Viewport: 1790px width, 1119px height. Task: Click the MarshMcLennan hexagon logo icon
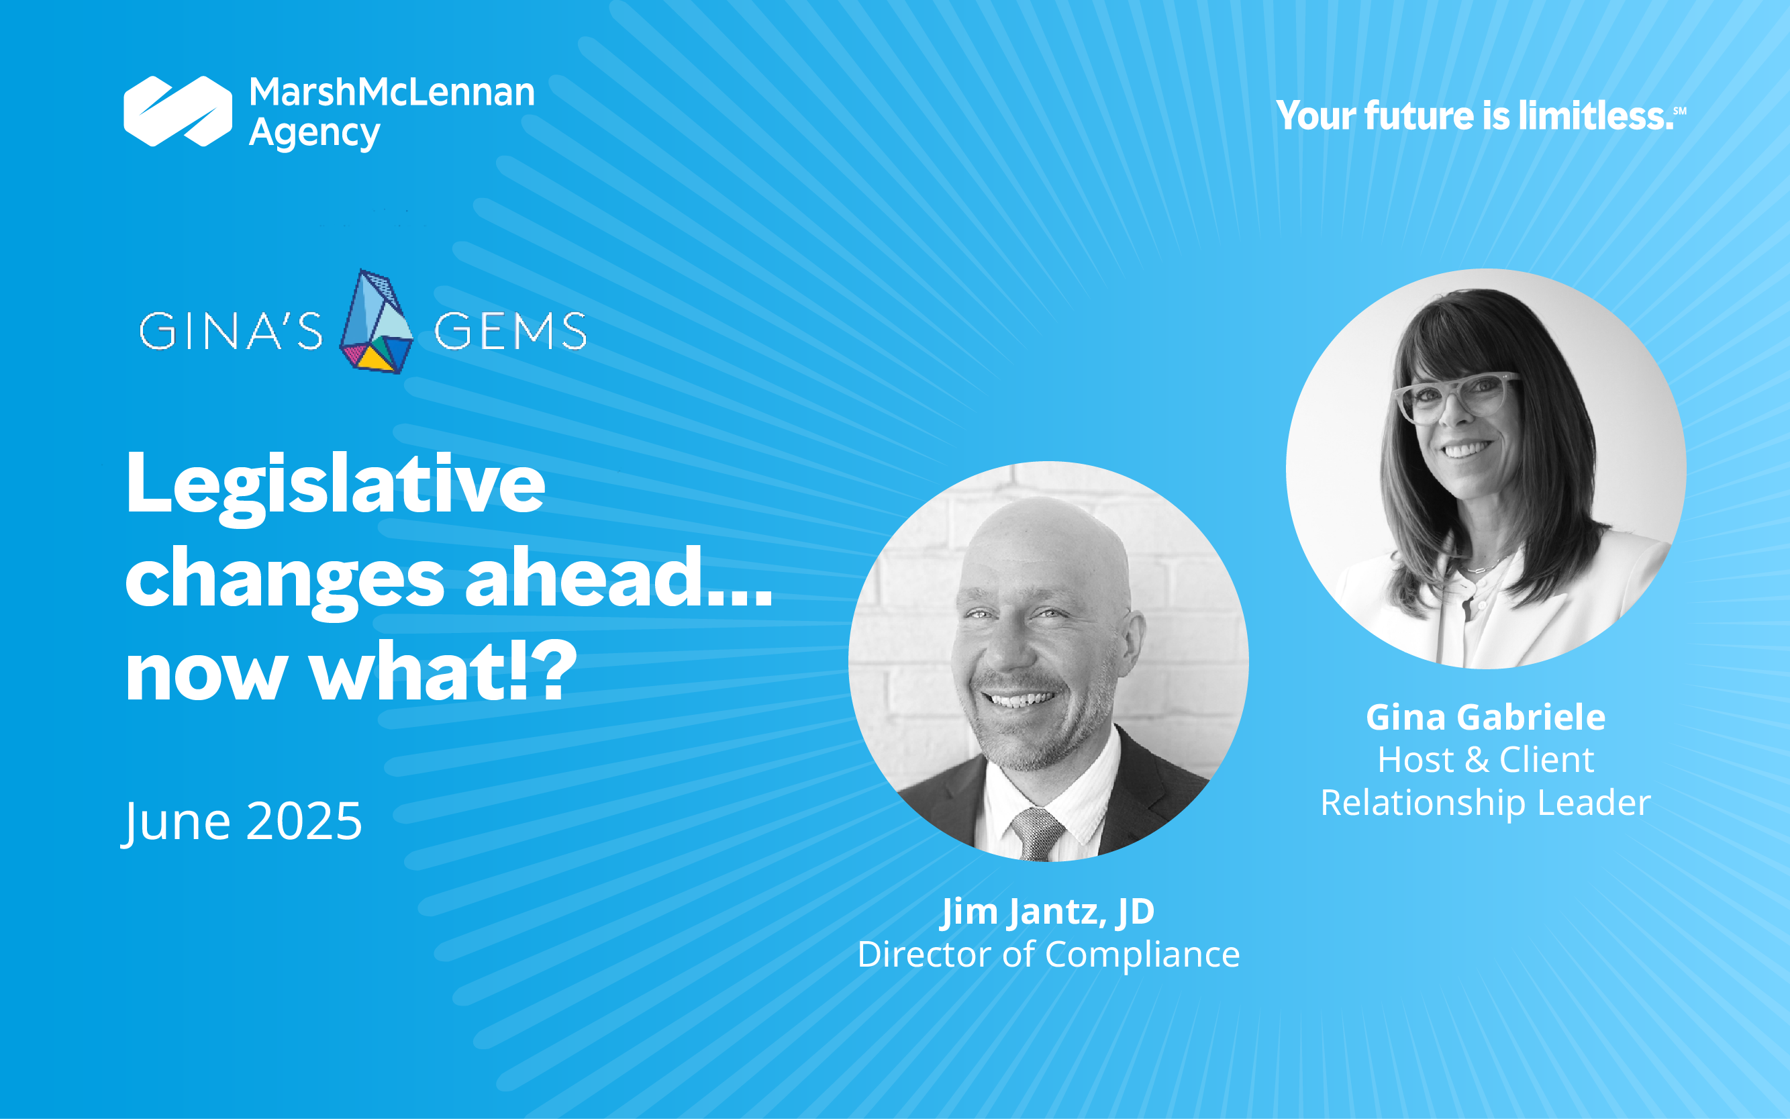click(178, 111)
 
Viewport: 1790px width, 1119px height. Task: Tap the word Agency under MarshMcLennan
click(315, 135)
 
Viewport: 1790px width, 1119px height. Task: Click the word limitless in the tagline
click(1595, 115)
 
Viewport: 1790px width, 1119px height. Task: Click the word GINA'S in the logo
click(231, 330)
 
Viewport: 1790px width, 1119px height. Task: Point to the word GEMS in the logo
click(511, 330)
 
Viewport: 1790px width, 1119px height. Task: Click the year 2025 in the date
click(303, 821)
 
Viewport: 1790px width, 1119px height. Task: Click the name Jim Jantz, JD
click(1048, 912)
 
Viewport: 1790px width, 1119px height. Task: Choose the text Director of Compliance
click(1048, 955)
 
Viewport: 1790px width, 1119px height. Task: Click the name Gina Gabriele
click(1486, 717)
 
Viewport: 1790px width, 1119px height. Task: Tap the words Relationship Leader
click(1486, 803)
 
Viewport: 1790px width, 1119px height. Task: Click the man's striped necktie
click(1038, 835)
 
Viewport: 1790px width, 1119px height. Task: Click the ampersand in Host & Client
click(1477, 760)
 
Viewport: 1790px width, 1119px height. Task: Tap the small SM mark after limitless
click(1680, 111)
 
